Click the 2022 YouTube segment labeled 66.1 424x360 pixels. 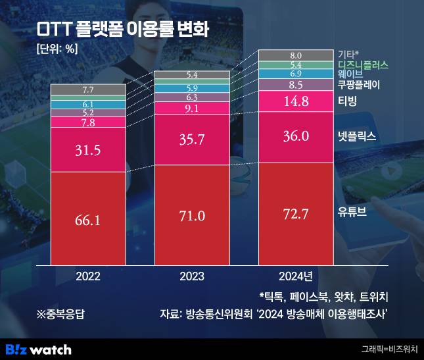pos(87,220)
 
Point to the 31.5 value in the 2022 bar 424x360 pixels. pos(87,150)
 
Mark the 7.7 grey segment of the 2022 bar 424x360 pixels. pos(87,90)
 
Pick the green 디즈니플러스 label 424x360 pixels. pos(363,64)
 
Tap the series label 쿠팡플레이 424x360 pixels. pos(359,86)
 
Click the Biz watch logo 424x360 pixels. pos(38,349)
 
